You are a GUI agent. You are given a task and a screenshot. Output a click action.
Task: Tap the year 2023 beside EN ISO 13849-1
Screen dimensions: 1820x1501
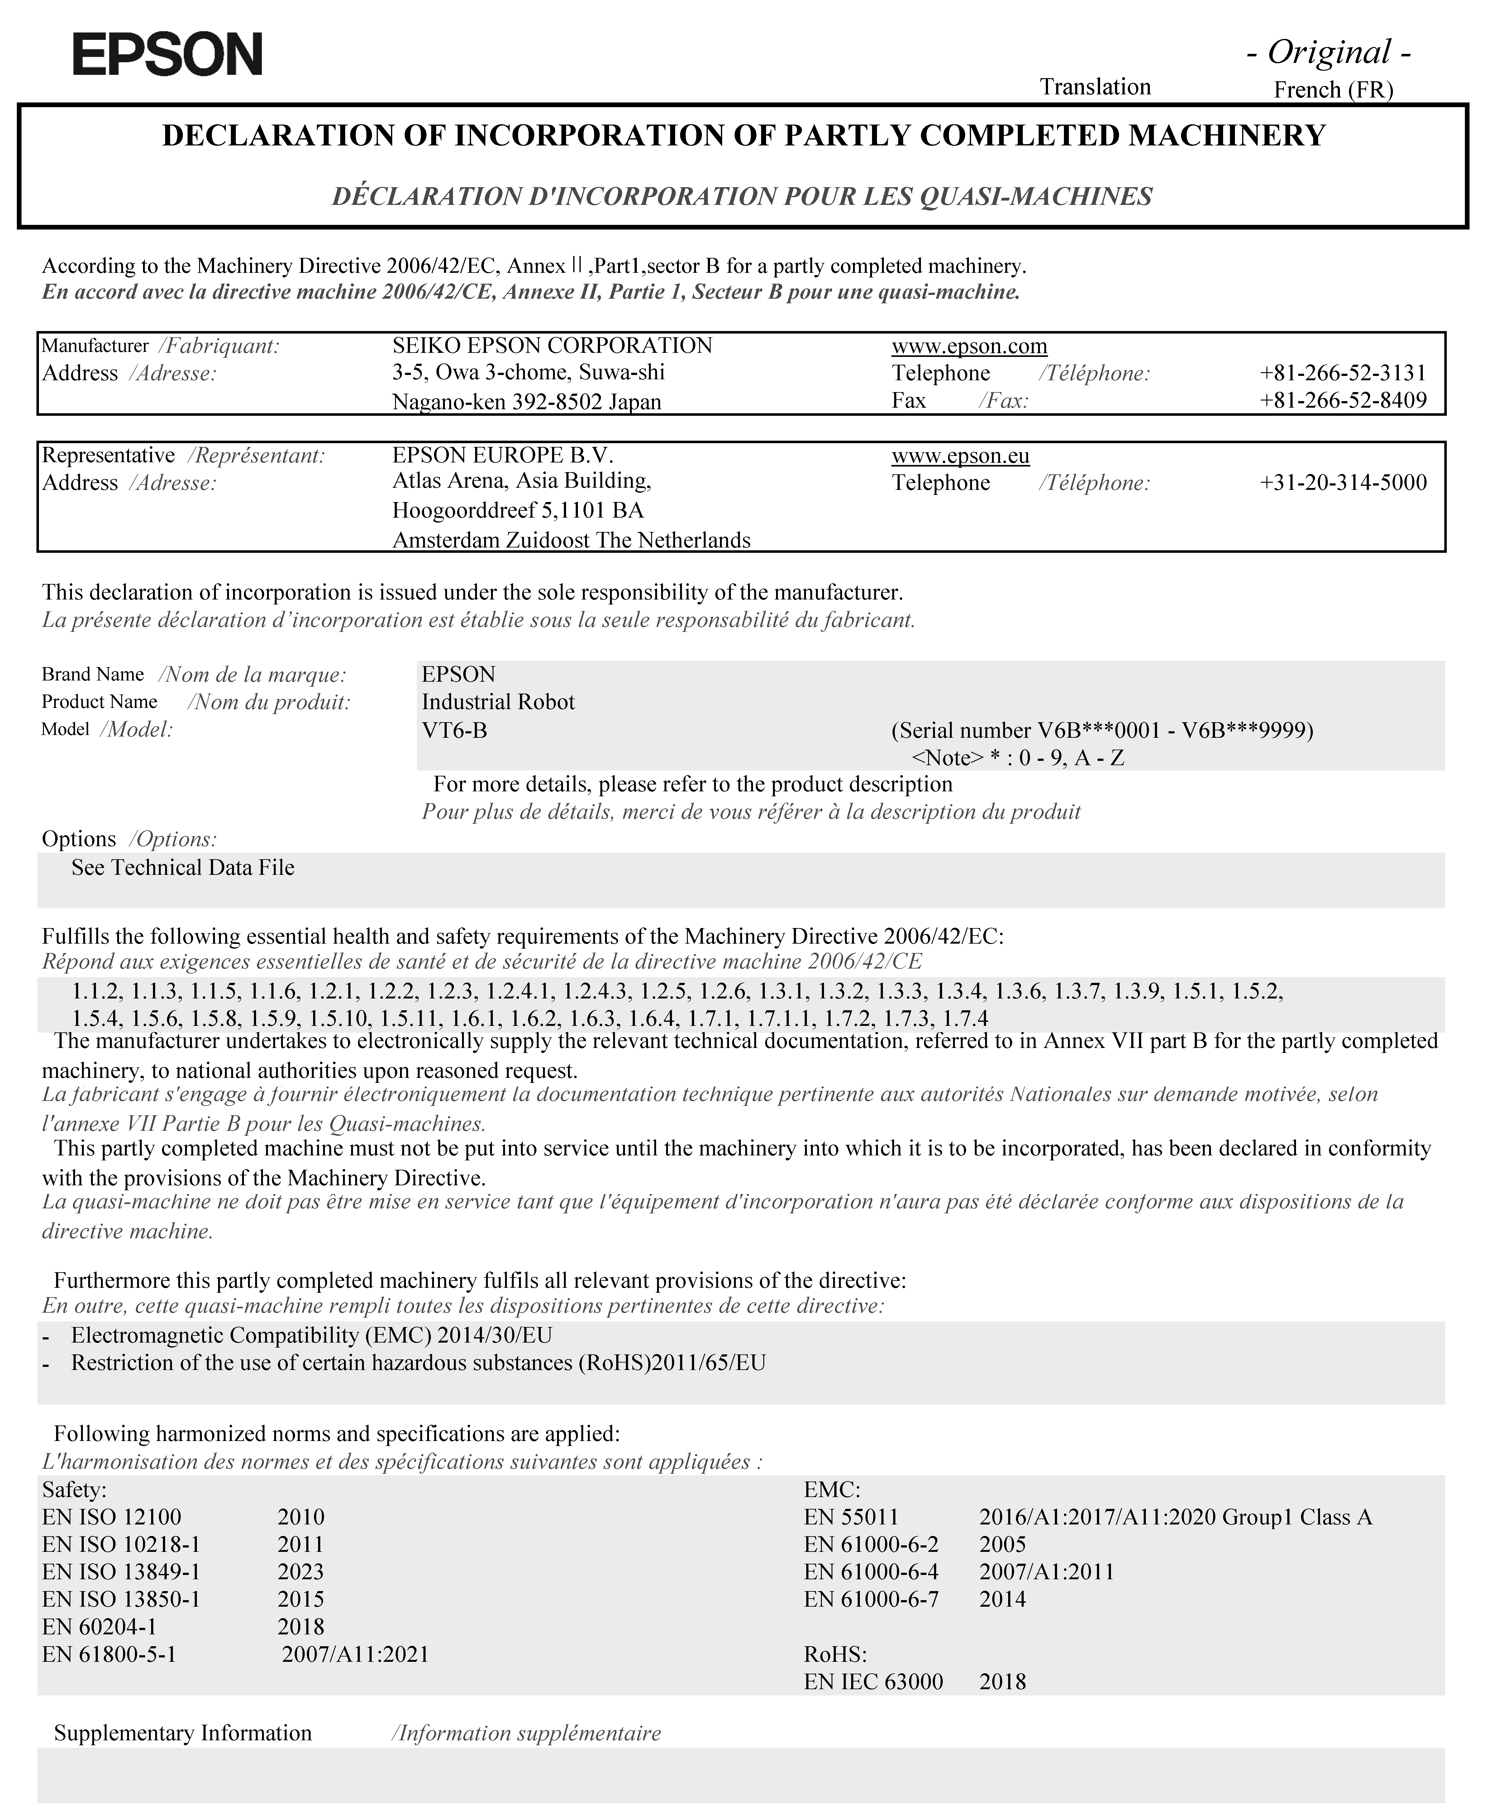[x=301, y=1571]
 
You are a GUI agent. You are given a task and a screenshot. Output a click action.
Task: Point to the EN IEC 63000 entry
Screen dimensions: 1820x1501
[x=873, y=1682]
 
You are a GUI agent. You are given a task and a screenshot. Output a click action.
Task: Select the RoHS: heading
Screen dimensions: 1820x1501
[x=835, y=1654]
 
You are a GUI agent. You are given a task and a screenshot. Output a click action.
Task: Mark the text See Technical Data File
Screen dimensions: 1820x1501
[x=183, y=868]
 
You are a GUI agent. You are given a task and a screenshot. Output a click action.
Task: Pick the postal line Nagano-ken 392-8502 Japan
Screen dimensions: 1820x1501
[x=527, y=402]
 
